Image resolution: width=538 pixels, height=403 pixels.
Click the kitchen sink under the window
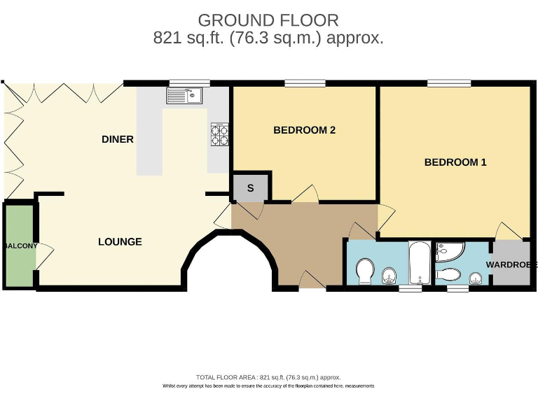click(x=184, y=96)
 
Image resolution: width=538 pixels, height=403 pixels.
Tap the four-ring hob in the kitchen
click(x=219, y=134)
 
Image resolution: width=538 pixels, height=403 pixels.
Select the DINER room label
click(x=118, y=139)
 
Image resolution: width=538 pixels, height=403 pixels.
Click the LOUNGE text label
click(x=120, y=242)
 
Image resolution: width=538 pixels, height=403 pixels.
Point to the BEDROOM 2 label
click(x=304, y=130)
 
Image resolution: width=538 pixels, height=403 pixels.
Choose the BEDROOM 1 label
click(x=455, y=162)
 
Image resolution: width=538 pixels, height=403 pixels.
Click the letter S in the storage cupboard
click(x=250, y=188)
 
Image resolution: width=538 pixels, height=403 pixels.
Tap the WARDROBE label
click(x=512, y=265)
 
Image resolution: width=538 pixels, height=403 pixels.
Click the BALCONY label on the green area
click(x=19, y=246)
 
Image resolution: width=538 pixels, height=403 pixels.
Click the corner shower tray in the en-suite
click(x=448, y=250)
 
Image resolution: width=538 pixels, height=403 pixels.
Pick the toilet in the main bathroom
click(x=365, y=271)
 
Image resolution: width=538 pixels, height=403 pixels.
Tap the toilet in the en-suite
click(x=448, y=274)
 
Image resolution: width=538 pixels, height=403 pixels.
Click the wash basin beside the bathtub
click(x=389, y=278)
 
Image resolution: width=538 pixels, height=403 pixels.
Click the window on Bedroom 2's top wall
click(x=305, y=84)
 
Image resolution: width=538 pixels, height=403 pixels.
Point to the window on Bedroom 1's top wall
click(x=448, y=84)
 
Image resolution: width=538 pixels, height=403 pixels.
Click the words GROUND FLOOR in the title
click(x=268, y=20)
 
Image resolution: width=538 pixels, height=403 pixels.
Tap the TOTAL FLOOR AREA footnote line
click(x=268, y=377)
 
